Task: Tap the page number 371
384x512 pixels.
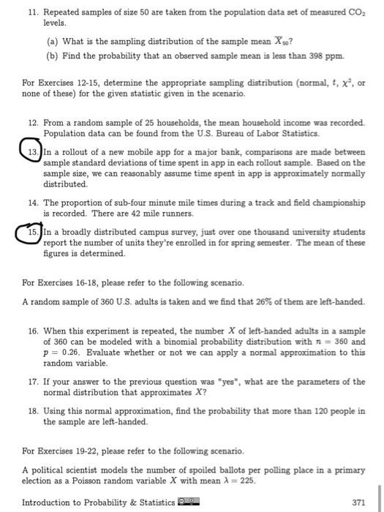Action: click(358, 502)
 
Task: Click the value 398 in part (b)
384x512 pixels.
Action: click(320, 56)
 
